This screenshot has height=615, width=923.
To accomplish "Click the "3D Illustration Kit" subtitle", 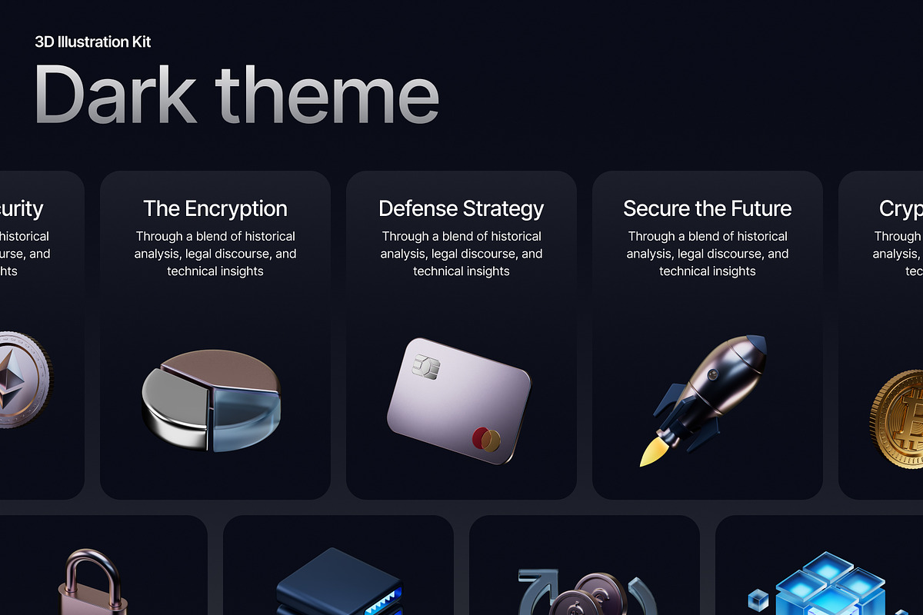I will (93, 42).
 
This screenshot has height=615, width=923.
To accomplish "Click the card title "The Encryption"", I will (215, 208).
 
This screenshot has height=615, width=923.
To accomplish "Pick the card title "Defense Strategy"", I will (461, 208).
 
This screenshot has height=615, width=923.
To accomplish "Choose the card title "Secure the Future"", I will (707, 208).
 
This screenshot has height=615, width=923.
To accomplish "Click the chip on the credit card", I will (424, 367).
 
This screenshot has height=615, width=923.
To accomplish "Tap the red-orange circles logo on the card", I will (486, 440).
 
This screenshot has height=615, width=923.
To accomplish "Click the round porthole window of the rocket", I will (712, 377).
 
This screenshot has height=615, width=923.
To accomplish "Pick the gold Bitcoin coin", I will (898, 419).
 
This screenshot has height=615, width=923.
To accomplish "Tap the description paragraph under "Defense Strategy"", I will (461, 254).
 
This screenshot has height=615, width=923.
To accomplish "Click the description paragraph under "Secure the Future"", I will (707, 254).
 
